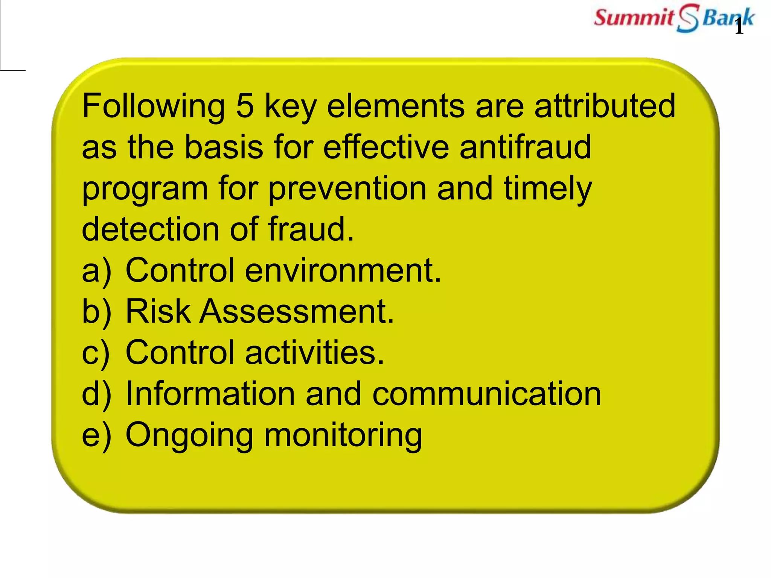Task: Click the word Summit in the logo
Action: click(634, 18)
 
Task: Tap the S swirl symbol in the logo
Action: click(687, 18)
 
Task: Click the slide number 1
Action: click(739, 27)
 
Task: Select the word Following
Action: click(153, 106)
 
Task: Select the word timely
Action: click(548, 189)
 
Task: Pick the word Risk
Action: click(158, 311)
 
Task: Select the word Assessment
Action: click(297, 311)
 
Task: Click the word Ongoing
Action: click(189, 436)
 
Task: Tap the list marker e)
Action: click(96, 436)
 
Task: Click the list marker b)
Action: click(96, 312)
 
